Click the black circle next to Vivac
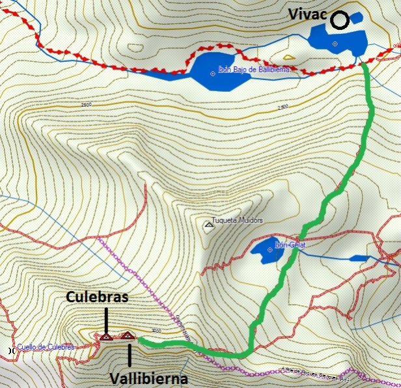point(339,21)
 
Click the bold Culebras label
point(97,298)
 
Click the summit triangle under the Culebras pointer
point(105,337)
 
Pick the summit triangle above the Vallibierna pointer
point(128,336)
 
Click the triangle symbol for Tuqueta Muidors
point(209,225)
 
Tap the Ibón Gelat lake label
point(290,245)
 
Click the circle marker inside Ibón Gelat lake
point(270,249)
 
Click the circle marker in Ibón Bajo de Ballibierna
point(212,73)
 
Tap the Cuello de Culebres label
point(47,347)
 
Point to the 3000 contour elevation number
point(155,331)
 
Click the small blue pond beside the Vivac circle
point(356,20)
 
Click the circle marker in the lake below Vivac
point(335,44)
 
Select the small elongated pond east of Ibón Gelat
point(358,258)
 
